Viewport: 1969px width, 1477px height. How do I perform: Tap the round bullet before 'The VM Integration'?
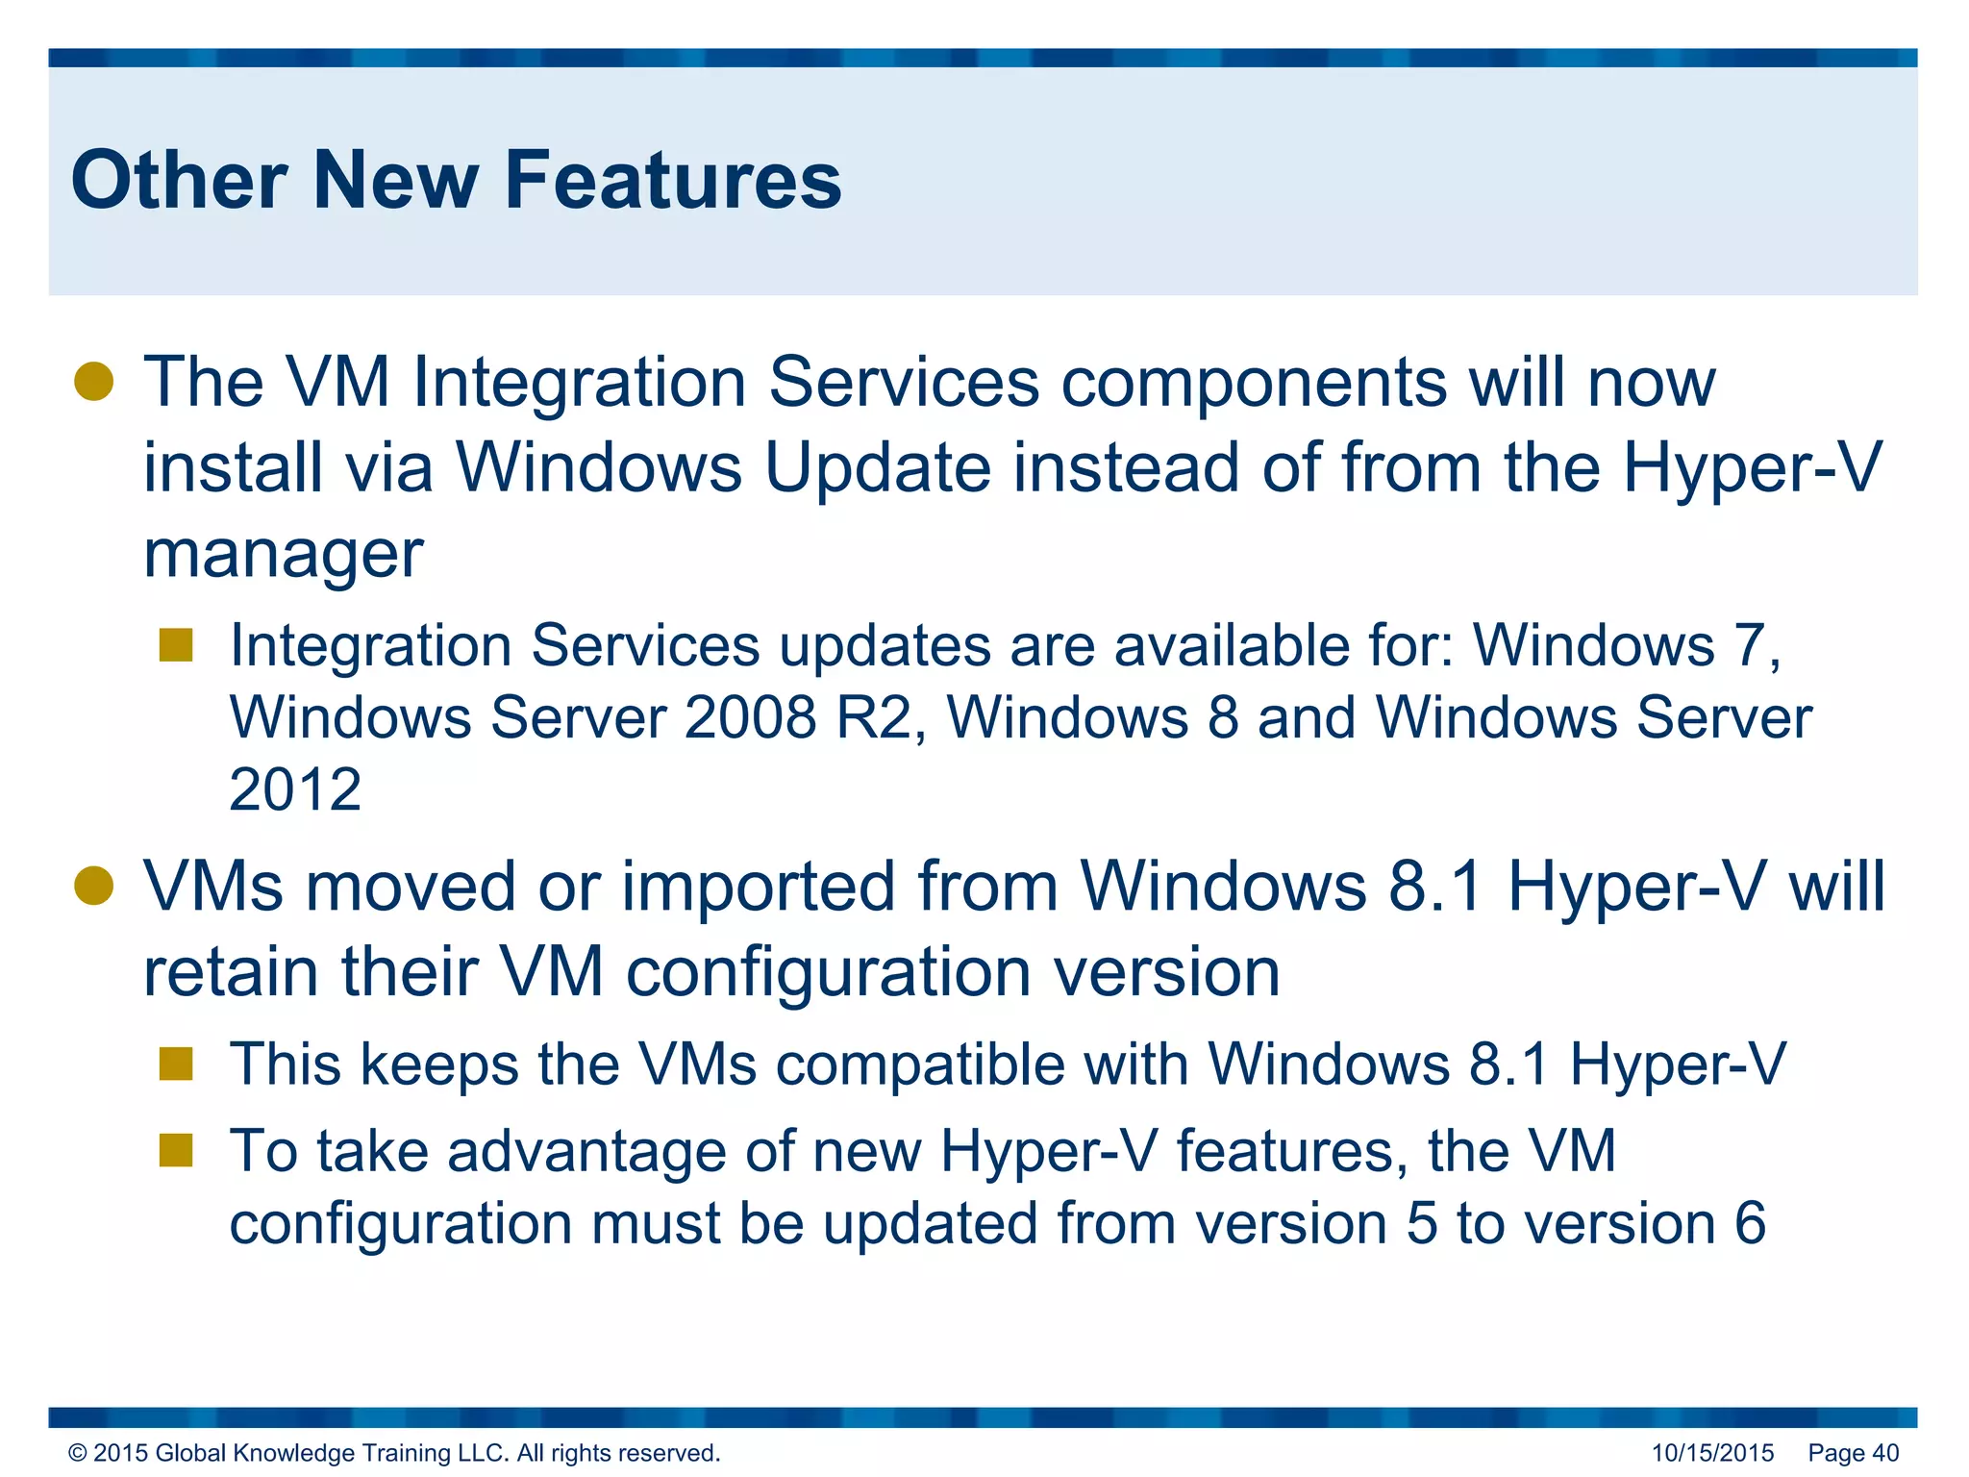tap(94, 382)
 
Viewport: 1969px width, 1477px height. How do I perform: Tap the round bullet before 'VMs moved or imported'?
tap(94, 886)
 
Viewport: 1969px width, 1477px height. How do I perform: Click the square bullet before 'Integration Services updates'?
tap(177, 644)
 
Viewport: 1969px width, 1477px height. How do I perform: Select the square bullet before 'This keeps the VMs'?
tap(177, 1064)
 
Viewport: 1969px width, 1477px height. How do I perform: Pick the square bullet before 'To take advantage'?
tap(177, 1150)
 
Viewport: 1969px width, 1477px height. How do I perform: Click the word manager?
tap(283, 555)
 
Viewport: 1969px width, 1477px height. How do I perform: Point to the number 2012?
tap(295, 790)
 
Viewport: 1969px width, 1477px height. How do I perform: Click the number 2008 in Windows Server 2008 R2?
tap(750, 718)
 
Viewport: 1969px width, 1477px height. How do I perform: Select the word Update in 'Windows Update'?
tap(877, 468)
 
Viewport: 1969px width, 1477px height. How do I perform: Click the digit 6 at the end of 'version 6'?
tap(1750, 1223)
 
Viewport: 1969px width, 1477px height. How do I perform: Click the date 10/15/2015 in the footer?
tap(1712, 1453)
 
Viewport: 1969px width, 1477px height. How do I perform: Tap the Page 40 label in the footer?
tap(1853, 1453)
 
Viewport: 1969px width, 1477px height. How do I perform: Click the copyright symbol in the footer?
tap(78, 1453)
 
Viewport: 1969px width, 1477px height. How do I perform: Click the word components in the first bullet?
tap(1255, 383)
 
